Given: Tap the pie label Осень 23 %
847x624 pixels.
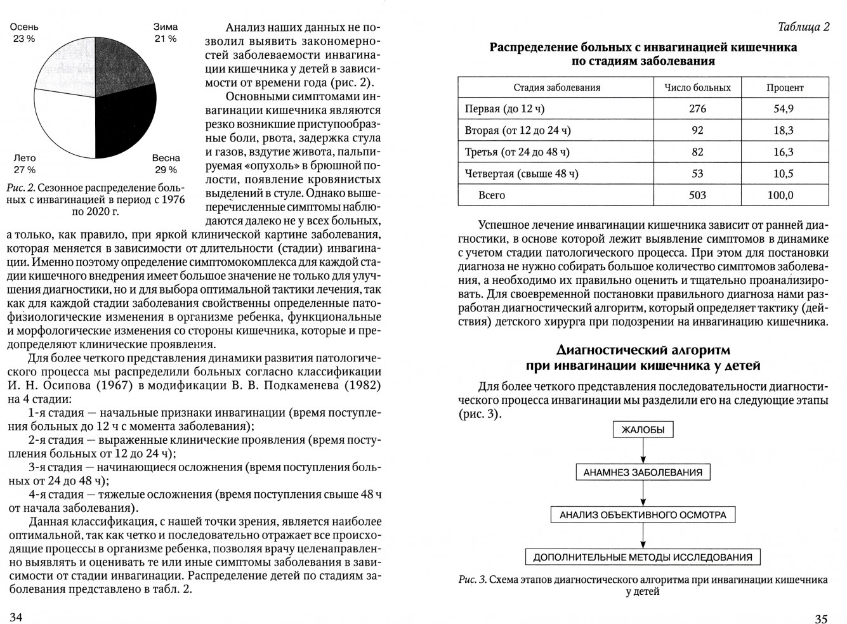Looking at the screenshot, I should pyautogui.click(x=24, y=33).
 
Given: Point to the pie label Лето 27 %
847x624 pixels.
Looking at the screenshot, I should pyautogui.click(x=25, y=164).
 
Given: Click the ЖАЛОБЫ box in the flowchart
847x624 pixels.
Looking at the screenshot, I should pyautogui.click(x=643, y=430).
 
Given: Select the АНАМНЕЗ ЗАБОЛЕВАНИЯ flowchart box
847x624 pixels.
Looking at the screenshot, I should pyautogui.click(x=643, y=472).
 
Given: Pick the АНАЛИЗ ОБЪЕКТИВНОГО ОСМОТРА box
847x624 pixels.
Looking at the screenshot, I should pyautogui.click(x=643, y=515).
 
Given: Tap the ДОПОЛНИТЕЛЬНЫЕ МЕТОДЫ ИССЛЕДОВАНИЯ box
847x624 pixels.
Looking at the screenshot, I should pyautogui.click(x=643, y=557).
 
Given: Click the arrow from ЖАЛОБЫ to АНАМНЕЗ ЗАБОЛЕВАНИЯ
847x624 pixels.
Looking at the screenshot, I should pyautogui.click(x=643, y=451).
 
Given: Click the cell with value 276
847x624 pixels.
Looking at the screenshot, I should pyautogui.click(x=697, y=108).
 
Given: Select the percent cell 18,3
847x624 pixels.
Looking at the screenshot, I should pyautogui.click(x=784, y=130).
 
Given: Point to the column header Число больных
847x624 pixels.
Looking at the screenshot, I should pyautogui.click(x=697, y=88).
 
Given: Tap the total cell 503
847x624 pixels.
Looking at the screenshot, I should pyautogui.click(x=697, y=195).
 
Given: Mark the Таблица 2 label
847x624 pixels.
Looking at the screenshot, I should pyautogui.click(x=803, y=27).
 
